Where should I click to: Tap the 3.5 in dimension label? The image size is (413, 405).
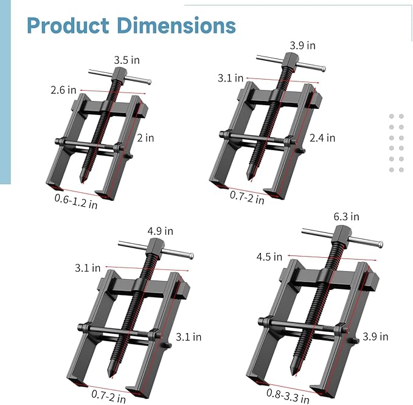pyautogui.click(x=126, y=60)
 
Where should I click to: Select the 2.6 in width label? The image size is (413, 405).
pyautogui.click(x=63, y=89)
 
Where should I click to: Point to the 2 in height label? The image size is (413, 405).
pyautogui.click(x=145, y=138)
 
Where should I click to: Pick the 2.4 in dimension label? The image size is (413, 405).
pyautogui.click(x=322, y=137)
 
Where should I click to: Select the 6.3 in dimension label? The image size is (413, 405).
pyautogui.click(x=347, y=216)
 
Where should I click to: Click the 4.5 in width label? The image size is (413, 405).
pyautogui.click(x=269, y=257)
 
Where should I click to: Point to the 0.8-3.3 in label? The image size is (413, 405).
pyautogui.click(x=287, y=395)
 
